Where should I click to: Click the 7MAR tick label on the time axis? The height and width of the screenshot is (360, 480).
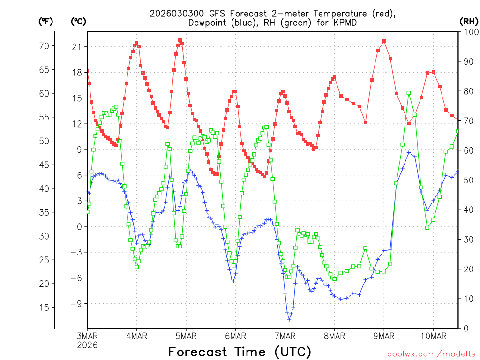coord(285,336)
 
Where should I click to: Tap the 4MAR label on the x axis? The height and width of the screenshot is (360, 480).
coord(136,336)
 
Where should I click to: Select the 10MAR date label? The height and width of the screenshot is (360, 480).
coord(433,336)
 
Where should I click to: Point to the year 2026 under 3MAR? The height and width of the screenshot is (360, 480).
coord(88,345)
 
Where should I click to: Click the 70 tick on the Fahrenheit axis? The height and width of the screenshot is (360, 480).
coord(44,46)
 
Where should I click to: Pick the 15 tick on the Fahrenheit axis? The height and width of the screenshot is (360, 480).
coord(44,307)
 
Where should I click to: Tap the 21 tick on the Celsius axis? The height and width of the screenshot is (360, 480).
coord(76,46)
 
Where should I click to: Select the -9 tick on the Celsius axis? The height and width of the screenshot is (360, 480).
coord(75,303)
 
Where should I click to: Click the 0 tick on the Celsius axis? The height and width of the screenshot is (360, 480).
coord(78,226)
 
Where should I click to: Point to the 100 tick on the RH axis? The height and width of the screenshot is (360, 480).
coord(469,32)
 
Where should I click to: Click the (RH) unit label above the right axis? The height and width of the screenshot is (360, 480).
coord(469,21)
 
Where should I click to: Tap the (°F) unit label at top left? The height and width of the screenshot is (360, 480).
coord(45,21)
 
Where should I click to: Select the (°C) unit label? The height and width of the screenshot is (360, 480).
coord(78,21)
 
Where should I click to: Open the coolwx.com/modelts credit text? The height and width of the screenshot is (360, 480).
coord(431,353)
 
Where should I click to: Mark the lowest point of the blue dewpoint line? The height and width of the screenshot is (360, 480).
coord(289,320)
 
